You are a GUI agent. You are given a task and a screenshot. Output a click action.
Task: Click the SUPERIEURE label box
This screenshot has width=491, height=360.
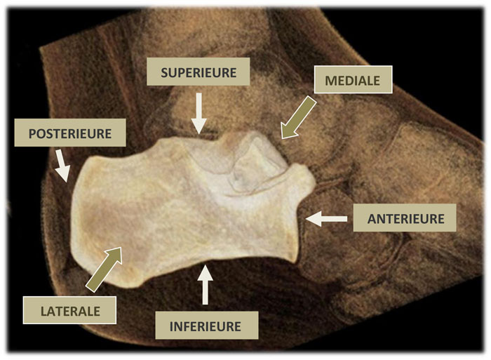coord(199,72)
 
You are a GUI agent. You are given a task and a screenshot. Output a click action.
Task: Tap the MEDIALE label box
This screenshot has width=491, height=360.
coord(353,79)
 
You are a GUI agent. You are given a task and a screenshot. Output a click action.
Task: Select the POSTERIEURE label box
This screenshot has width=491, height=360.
coord(70,133)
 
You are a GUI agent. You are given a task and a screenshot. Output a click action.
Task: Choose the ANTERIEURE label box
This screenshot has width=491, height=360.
coord(405,218)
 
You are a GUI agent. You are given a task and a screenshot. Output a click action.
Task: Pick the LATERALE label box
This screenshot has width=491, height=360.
coord(70,310)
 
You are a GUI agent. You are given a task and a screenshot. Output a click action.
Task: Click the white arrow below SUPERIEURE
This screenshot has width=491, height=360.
coord(199,114)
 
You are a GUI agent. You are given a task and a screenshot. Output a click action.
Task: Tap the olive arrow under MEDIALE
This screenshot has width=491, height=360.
coord(298,117)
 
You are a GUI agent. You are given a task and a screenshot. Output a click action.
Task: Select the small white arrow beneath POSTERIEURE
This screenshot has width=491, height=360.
coord(62,166)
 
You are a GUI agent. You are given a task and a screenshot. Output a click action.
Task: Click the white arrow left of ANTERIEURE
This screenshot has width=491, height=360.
coord(326,219)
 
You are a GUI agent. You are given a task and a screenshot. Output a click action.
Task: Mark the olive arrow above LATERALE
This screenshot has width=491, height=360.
coord(104,269)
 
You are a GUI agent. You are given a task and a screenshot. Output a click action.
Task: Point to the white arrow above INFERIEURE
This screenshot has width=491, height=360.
coord(205,284)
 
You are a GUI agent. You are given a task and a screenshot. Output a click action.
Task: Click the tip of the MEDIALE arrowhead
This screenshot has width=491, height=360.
coord(282,138)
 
